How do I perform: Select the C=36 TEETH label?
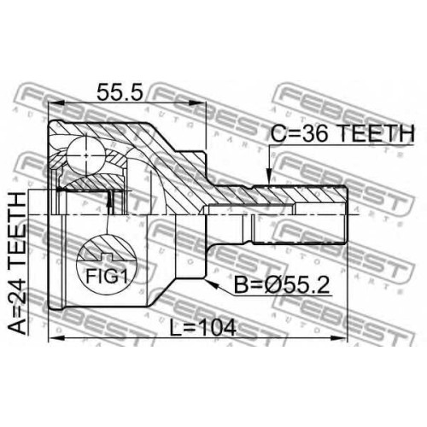[342, 133]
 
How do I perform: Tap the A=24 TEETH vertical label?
[18, 264]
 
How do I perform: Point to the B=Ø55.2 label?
[282, 285]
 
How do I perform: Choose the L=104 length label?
[203, 327]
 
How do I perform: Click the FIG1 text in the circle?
[107, 276]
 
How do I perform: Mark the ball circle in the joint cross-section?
[86, 155]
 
